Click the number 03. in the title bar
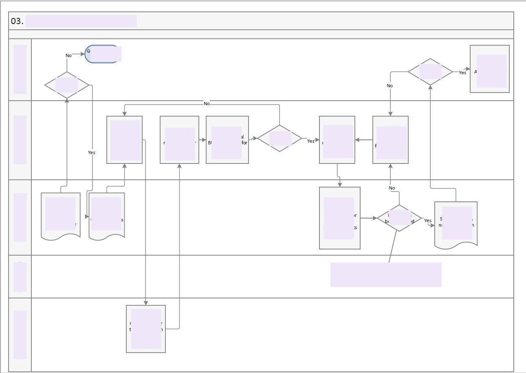click(x=17, y=21)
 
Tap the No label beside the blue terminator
click(x=68, y=55)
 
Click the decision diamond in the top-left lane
click(x=67, y=85)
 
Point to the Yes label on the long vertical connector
click(x=92, y=152)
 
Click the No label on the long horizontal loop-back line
click(x=207, y=104)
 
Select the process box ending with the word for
click(x=227, y=140)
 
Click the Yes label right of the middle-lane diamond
click(x=310, y=141)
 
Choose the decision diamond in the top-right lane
click(x=430, y=72)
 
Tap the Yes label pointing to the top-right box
click(x=462, y=73)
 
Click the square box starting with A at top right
click(x=489, y=69)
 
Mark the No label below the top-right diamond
click(x=390, y=86)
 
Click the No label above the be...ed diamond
click(x=392, y=188)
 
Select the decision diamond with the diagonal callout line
click(x=399, y=218)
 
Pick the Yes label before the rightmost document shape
click(x=428, y=221)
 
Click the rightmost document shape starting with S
click(x=456, y=224)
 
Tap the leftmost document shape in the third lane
click(x=61, y=215)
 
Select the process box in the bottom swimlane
click(x=146, y=329)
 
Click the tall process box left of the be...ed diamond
click(x=340, y=218)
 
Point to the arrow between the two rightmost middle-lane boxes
click(x=363, y=140)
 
